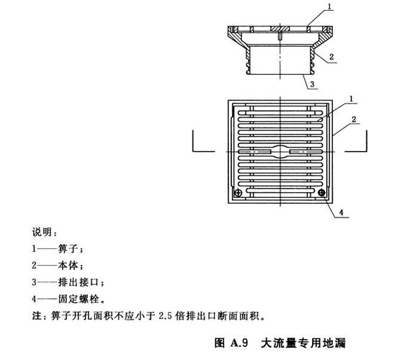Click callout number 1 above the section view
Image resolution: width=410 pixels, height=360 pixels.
tap(331, 6)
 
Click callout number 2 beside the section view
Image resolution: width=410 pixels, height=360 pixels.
tap(331, 56)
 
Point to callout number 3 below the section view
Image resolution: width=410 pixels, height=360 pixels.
tap(312, 84)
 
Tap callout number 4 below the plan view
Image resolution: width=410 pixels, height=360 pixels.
tap(342, 212)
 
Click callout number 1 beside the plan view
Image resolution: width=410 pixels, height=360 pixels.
tap(351, 99)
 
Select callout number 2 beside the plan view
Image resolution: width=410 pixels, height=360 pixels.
tap(354, 119)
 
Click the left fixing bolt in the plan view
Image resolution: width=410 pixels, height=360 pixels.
tap(239, 193)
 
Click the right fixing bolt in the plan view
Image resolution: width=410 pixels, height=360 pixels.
tap(321, 193)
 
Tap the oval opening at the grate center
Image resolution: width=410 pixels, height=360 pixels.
tap(280, 151)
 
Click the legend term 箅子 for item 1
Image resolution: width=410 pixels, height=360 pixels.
tap(68, 248)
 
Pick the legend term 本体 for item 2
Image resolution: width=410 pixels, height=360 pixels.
tap(68, 266)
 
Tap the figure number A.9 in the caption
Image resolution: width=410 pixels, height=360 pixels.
tap(239, 343)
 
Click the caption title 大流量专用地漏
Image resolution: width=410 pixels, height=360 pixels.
tap(303, 343)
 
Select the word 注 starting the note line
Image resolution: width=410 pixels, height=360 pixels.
tap(37, 315)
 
